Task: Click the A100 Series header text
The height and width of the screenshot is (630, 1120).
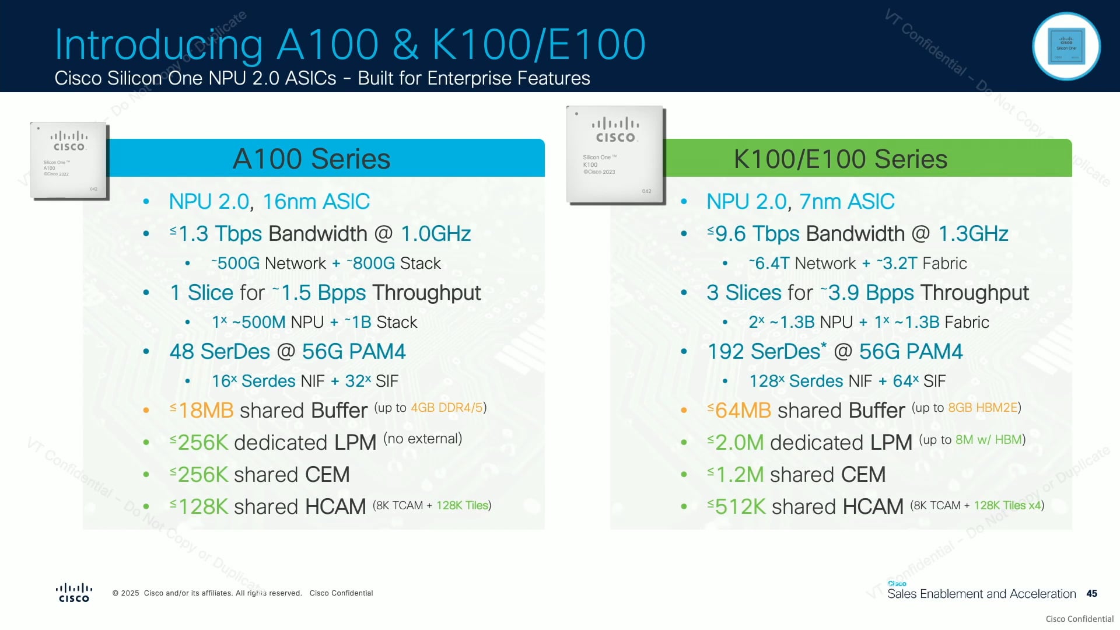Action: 311,159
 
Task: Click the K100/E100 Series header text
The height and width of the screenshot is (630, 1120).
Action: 840,159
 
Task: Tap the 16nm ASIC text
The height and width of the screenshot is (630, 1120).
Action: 316,202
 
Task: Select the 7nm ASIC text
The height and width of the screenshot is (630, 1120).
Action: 847,202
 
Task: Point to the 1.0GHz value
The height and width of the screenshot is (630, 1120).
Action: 436,234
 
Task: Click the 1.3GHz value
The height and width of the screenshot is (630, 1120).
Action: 973,234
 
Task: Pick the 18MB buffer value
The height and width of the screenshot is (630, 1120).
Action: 205,411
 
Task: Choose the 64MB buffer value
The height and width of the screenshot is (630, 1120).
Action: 743,411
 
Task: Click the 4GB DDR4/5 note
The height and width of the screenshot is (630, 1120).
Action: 447,408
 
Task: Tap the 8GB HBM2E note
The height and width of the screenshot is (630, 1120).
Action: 983,408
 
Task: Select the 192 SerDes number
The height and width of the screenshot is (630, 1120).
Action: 725,352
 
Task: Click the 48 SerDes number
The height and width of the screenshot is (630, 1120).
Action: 181,352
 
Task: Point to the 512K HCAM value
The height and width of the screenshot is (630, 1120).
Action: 740,507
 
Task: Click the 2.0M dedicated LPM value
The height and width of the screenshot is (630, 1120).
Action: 739,443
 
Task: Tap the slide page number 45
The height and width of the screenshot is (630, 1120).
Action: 1091,593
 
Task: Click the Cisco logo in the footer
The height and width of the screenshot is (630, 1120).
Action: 74,593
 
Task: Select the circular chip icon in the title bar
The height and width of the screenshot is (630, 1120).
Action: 1066,46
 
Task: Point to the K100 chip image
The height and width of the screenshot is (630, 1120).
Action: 615,155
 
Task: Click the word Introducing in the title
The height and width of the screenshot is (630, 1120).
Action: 159,45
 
